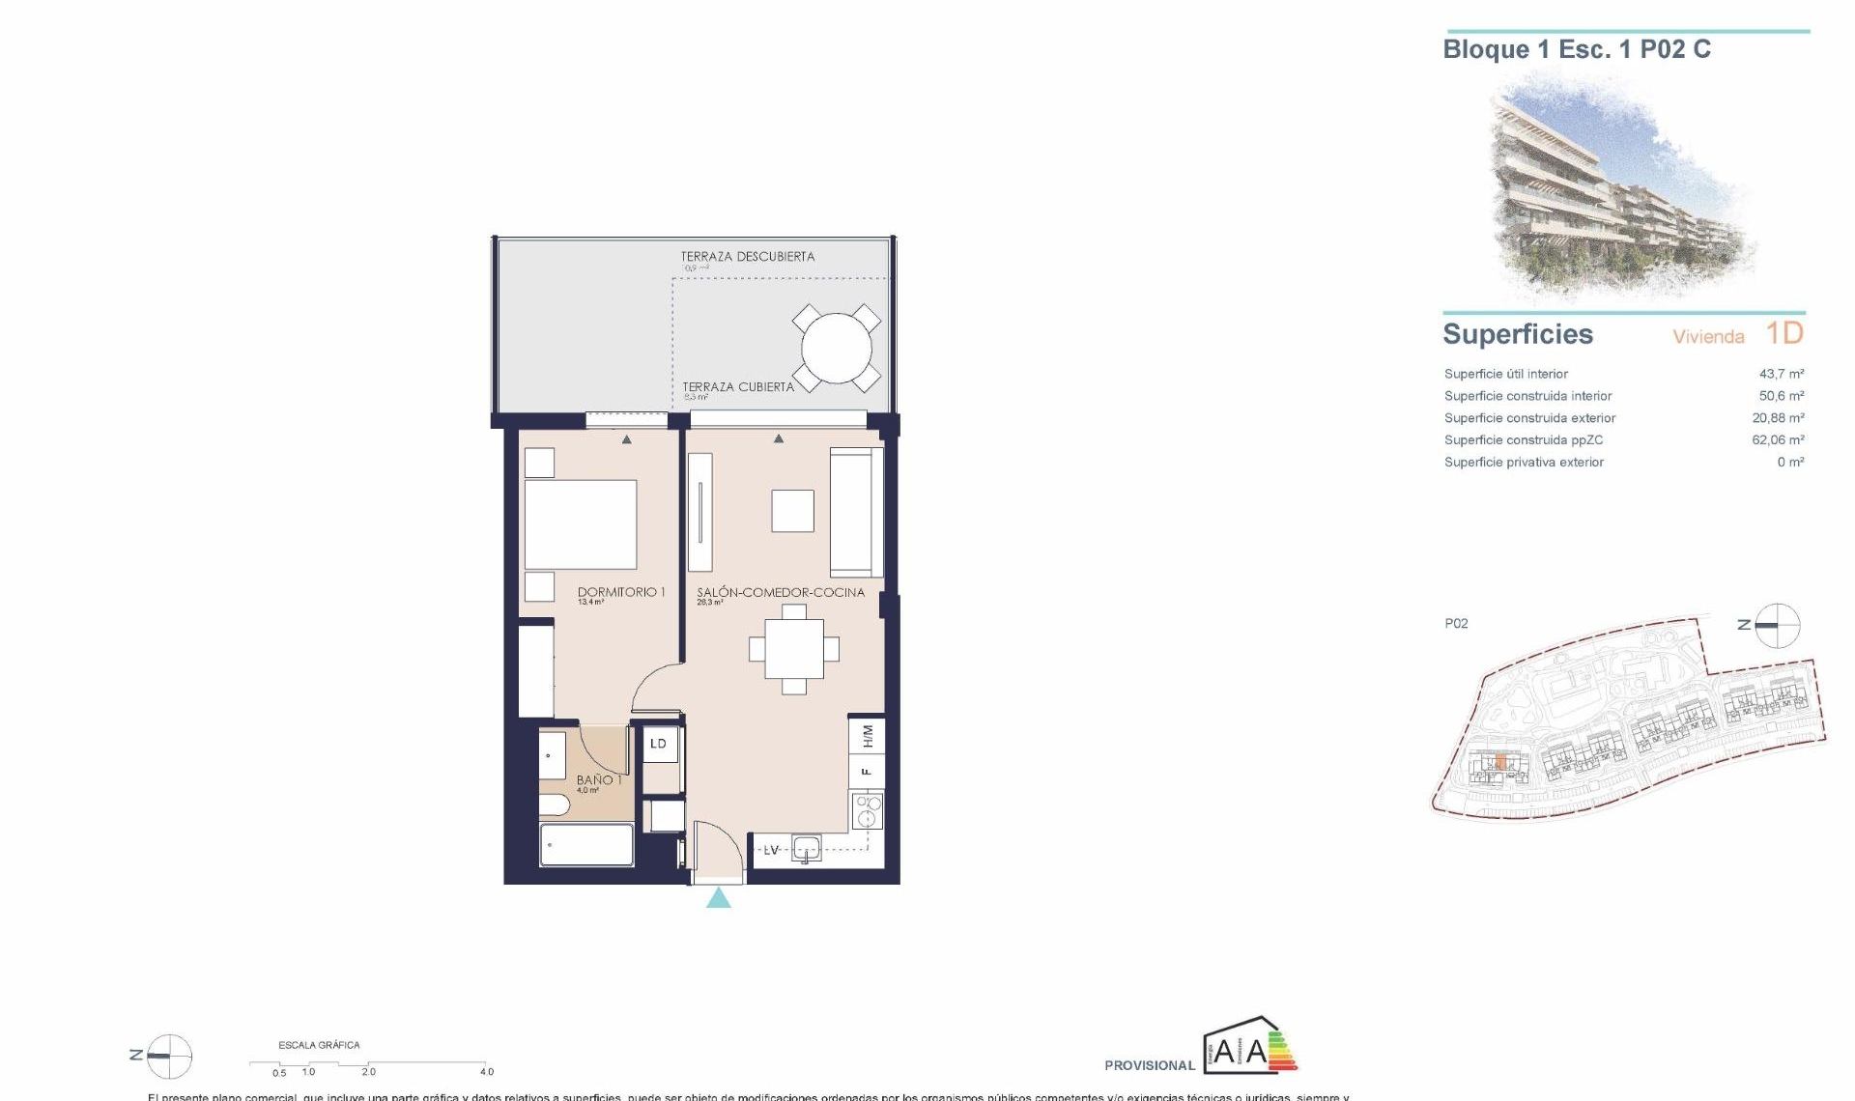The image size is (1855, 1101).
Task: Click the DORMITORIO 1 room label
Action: tap(620, 592)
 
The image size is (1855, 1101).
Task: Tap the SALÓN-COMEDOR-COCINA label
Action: tap(781, 592)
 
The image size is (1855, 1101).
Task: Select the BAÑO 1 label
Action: tap(599, 779)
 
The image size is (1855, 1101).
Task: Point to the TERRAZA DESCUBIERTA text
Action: tap(747, 257)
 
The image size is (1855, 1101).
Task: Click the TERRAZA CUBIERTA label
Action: tap(738, 386)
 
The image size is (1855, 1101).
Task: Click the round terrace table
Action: tap(837, 348)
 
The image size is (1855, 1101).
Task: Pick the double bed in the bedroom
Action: tap(581, 524)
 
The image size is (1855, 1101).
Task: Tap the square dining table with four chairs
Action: tap(794, 649)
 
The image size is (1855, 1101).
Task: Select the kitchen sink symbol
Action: tap(806, 849)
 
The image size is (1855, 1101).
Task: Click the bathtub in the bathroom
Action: tap(586, 845)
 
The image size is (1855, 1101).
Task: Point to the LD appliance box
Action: tap(659, 744)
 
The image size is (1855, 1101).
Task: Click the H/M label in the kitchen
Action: tap(868, 736)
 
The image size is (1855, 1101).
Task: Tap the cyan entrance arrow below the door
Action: tap(718, 899)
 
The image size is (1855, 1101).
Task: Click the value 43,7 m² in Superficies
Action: tap(1781, 374)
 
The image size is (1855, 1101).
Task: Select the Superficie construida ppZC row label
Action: tap(1523, 440)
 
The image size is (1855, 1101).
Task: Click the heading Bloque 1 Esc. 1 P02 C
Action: tap(1576, 50)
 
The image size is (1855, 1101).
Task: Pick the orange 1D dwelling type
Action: tap(1784, 333)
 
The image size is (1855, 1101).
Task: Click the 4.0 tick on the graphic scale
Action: tap(487, 1071)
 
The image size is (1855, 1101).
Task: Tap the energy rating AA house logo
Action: tap(1249, 1047)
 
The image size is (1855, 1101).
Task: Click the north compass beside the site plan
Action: tap(1777, 626)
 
